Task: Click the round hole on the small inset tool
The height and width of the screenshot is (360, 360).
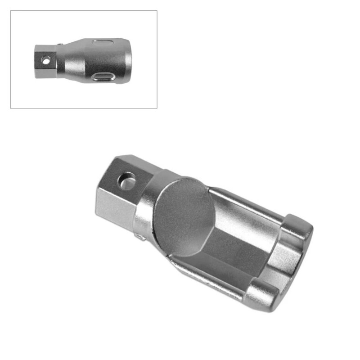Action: pyautogui.click(x=45, y=59)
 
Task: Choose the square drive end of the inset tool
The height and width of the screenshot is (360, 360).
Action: pyautogui.click(x=45, y=61)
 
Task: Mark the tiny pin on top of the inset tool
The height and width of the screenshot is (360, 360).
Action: pyautogui.click(x=60, y=44)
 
